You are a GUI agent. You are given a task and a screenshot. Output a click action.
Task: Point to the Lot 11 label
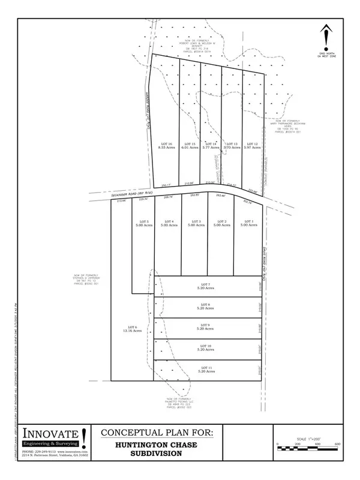pos(205,369)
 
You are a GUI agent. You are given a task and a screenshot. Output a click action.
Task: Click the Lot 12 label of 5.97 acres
pos(252,146)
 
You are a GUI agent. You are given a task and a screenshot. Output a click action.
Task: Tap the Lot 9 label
pos(205,327)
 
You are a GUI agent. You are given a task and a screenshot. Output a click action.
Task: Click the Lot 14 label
pos(211,146)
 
